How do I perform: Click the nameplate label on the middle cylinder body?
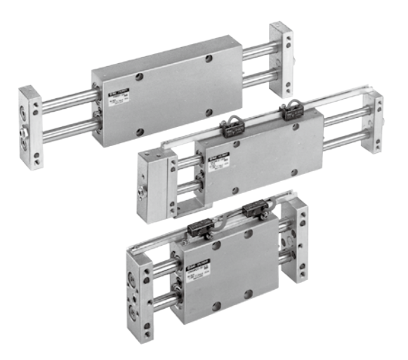(x=223, y=161)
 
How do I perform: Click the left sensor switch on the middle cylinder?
(x=230, y=127)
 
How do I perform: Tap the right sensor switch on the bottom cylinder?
(x=252, y=210)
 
